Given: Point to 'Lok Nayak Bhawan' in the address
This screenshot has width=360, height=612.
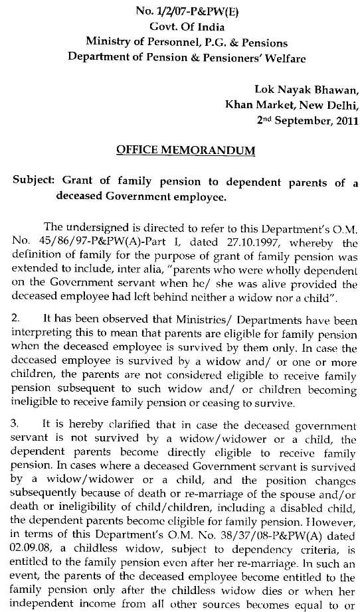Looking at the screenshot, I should pos(307,90).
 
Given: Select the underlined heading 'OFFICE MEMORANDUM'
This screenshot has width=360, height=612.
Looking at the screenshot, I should pos(185,151).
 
